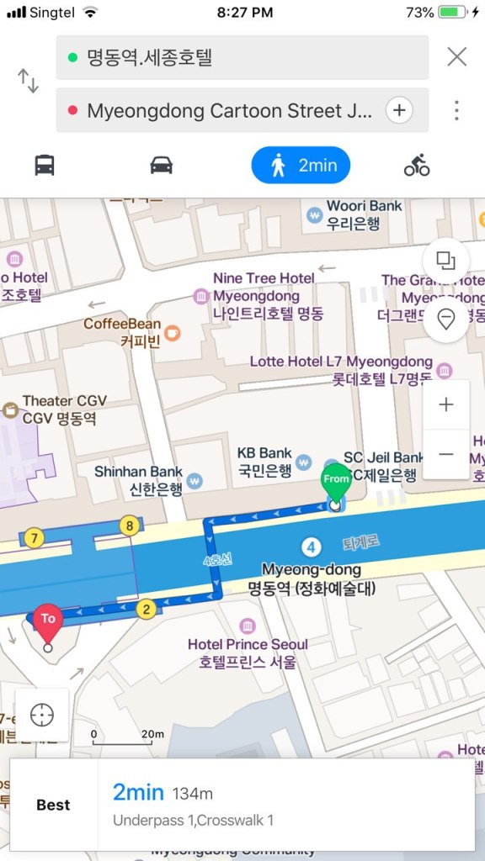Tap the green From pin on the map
click(x=336, y=480)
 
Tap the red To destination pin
click(x=47, y=621)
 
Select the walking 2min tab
click(x=301, y=166)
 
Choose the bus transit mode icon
click(x=45, y=165)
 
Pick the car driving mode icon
click(x=162, y=165)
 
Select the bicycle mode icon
click(x=417, y=166)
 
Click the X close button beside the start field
click(x=456, y=57)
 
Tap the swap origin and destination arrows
click(x=29, y=82)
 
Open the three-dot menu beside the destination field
click(x=456, y=110)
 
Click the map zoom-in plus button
click(x=446, y=404)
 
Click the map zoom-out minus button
click(x=446, y=454)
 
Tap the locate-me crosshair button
click(x=42, y=715)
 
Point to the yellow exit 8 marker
click(x=129, y=526)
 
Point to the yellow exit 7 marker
click(x=34, y=537)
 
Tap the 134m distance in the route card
click(x=193, y=793)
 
